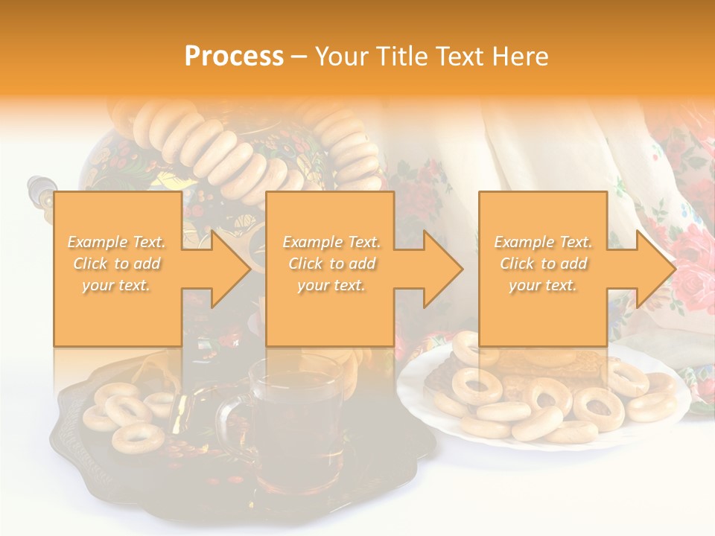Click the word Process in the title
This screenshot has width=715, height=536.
pos(234,57)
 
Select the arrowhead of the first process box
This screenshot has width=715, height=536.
pos(230,268)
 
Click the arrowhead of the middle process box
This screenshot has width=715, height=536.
pos(442,268)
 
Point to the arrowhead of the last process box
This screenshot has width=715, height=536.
pos(655,268)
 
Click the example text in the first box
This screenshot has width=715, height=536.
pos(117,264)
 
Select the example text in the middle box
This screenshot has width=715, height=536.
pos(331,264)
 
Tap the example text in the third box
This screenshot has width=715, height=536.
pos(543,264)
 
